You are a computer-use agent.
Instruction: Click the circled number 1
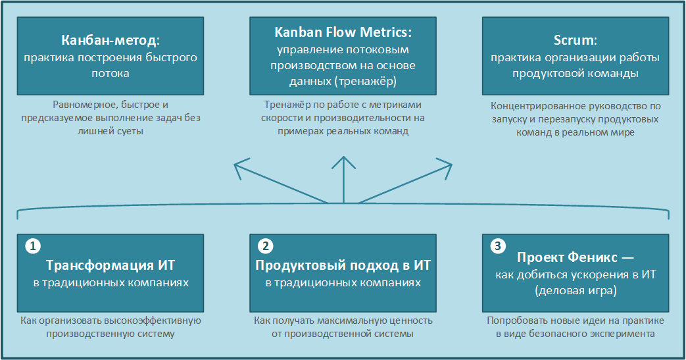click(x=33, y=245)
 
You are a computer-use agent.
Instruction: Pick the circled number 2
click(x=265, y=245)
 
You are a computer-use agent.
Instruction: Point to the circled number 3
click(x=497, y=245)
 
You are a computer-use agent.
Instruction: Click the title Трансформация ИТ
click(x=110, y=265)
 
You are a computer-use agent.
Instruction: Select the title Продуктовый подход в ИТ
click(x=343, y=265)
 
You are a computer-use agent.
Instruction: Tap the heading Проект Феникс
click(x=567, y=257)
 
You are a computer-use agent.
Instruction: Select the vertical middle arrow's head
click(x=343, y=162)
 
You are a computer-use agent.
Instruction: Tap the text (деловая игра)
click(x=576, y=290)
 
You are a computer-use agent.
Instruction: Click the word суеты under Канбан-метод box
click(x=129, y=131)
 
